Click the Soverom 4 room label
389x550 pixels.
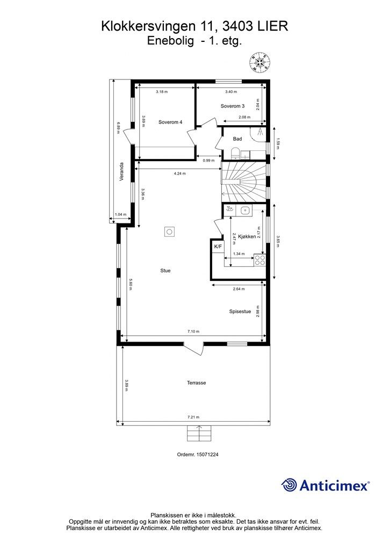click(170, 122)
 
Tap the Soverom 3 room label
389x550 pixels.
click(233, 106)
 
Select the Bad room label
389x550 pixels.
click(237, 139)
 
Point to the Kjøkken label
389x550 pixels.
click(247, 236)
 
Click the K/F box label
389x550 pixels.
click(218, 247)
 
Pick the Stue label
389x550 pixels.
click(165, 271)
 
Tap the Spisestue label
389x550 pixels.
click(240, 311)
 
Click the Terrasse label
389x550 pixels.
click(197, 382)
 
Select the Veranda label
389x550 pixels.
click(122, 171)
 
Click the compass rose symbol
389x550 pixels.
click(260, 62)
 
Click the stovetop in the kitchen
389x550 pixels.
click(260, 260)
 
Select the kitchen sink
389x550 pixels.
click(245, 211)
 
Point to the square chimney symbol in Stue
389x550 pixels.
click(170, 232)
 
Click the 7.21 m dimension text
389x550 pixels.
click(193, 417)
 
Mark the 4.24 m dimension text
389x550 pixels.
click(180, 173)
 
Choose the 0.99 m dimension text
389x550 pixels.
click(208, 161)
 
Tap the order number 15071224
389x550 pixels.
click(206, 454)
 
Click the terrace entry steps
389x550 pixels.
click(199, 433)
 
